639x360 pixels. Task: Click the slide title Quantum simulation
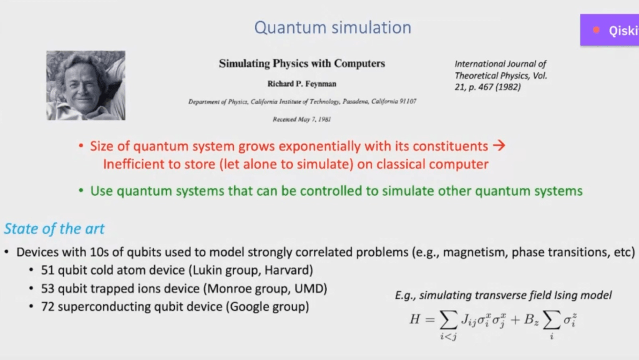333,28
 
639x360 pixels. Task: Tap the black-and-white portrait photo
85,85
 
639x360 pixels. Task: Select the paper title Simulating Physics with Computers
302,64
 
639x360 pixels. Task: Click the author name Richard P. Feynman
302,84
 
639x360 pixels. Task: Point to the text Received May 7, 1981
302,119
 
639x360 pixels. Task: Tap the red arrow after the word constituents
499,145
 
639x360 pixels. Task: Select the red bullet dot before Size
81,145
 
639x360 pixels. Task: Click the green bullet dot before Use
81,190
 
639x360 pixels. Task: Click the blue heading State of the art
54,229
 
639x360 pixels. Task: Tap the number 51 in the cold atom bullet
47,270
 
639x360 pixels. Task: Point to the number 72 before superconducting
47,306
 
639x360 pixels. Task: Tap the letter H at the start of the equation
414,319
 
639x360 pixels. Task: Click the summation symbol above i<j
448,320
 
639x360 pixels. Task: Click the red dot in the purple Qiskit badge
596,30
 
